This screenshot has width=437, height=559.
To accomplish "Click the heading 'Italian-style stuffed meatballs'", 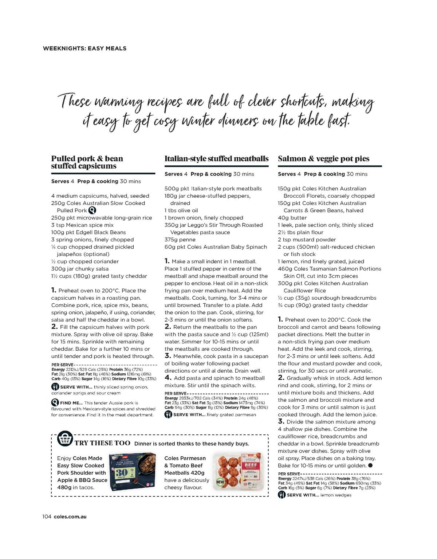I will point(216,158).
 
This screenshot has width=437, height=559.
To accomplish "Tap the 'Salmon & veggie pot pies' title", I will point(323,158).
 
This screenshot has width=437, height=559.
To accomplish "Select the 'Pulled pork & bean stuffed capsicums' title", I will point(87,162).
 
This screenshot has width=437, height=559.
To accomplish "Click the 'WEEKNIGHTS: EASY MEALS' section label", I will point(84,48).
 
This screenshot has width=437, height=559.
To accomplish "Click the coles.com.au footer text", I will point(70,516).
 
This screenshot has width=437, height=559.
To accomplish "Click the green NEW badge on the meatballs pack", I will point(220,481).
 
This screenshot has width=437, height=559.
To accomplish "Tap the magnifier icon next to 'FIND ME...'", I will point(55,403).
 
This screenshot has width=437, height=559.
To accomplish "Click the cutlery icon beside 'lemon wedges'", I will point(282,495).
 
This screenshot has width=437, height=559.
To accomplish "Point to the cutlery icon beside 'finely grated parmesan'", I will point(168,414).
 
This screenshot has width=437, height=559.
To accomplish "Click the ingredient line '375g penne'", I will point(180,240).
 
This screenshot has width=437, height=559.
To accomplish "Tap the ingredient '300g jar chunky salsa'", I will point(80,269).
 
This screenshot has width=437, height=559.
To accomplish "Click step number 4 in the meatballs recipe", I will point(167,378).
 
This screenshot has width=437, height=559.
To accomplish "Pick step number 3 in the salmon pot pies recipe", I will point(281,421).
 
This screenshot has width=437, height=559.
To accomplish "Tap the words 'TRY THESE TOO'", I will point(102,443).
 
